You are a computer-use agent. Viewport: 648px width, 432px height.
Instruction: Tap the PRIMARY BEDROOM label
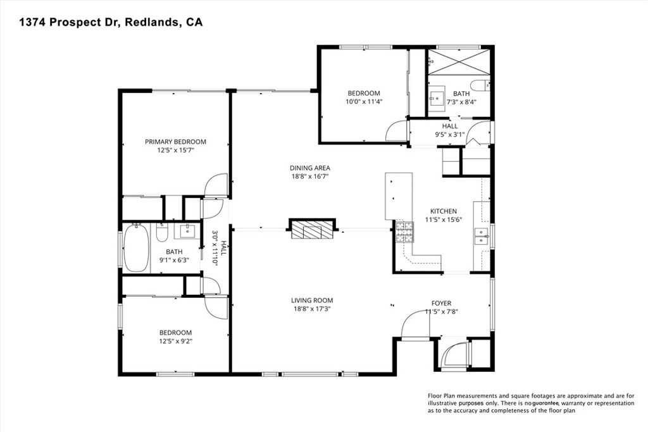(175, 142)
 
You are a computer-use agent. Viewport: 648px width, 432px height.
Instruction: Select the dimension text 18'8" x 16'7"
(310, 176)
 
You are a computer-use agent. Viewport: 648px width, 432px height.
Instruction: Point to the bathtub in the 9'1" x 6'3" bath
(135, 248)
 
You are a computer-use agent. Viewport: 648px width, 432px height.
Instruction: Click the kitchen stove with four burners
(404, 233)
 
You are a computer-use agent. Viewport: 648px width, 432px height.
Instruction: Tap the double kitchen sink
(482, 236)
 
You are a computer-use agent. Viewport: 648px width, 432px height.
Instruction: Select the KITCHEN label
(443, 211)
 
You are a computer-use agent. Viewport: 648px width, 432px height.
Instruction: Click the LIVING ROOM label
(311, 300)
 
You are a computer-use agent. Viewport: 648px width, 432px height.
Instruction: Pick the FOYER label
(441, 303)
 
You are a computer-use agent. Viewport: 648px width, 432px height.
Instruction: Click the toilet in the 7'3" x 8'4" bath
(480, 85)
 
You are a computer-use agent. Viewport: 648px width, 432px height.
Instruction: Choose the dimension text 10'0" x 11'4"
(364, 101)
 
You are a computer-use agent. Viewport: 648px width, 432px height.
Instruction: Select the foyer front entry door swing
(414, 324)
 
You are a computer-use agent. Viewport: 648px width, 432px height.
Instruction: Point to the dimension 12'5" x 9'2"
(175, 341)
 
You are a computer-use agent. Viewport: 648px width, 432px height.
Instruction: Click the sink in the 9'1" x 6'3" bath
(187, 230)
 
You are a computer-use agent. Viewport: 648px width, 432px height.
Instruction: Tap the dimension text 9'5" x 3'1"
(450, 134)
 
